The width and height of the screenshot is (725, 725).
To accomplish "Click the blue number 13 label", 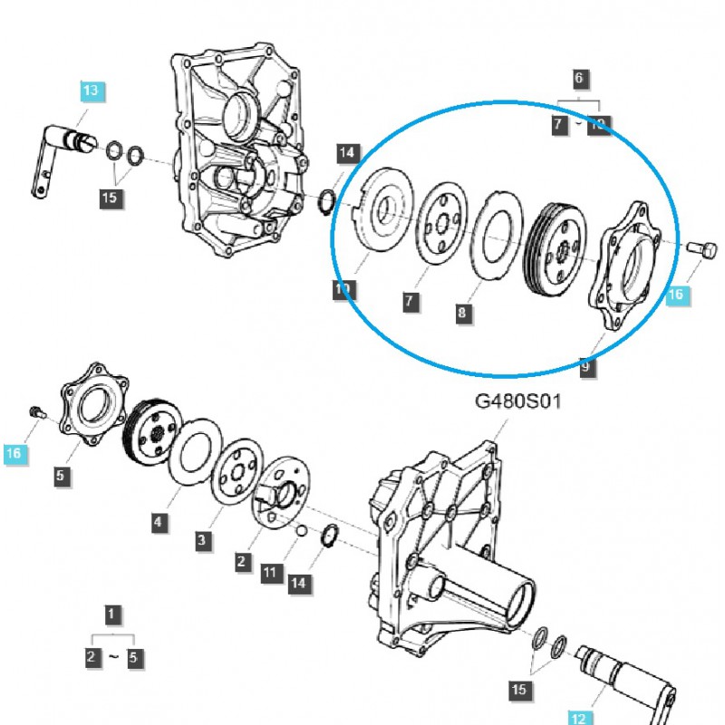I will pos(90,91).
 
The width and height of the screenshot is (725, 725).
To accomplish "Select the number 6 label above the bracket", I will pos(579,78).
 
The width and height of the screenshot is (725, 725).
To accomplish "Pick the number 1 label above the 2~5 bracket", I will pos(111,615).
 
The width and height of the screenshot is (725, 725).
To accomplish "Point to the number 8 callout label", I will pos(463,313).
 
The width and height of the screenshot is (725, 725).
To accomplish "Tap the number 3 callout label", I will pos(203,541).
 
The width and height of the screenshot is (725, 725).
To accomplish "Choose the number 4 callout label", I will pos(158,521).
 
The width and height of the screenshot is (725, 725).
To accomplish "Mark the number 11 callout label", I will pos(268,572).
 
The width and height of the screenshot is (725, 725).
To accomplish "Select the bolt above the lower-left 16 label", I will pos(34,412).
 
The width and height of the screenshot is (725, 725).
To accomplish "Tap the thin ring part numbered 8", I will pos(496,237).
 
